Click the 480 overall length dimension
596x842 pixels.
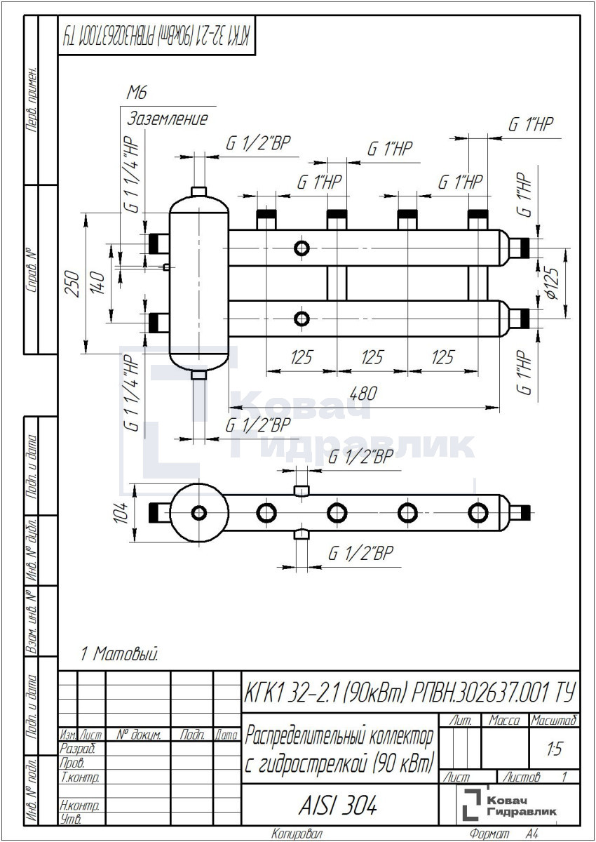pyautogui.click(x=363, y=394)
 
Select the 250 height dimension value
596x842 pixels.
pyautogui.click(x=72, y=283)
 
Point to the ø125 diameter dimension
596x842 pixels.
pyautogui.click(x=553, y=283)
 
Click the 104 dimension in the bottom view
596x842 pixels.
pyautogui.click(x=121, y=512)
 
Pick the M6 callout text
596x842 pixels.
pyautogui.click(x=137, y=93)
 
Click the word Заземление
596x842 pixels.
pyautogui.click(x=167, y=119)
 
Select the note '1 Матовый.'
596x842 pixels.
pyautogui.click(x=119, y=654)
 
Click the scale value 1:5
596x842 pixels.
pyautogui.click(x=555, y=749)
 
